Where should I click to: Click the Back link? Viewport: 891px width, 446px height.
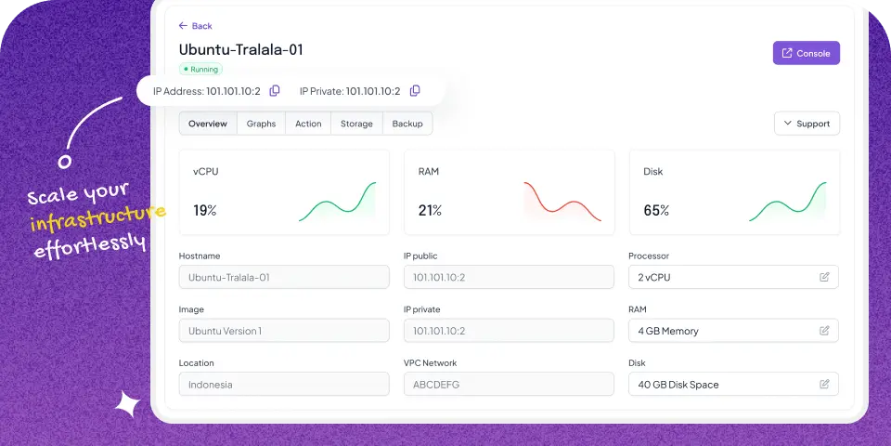pyautogui.click(x=196, y=26)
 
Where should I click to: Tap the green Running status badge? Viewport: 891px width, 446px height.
pyautogui.click(x=200, y=69)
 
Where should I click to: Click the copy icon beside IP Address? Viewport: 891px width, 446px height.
pyautogui.click(x=275, y=91)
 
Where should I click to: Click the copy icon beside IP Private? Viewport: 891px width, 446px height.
pyautogui.click(x=415, y=91)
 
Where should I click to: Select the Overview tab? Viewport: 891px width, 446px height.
pyautogui.click(x=208, y=124)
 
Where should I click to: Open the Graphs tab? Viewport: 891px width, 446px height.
pyautogui.click(x=261, y=124)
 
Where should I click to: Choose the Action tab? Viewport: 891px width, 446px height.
pyautogui.click(x=308, y=124)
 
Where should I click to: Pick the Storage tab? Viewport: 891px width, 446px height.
pyautogui.click(x=356, y=124)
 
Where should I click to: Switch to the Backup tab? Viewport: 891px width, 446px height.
pyautogui.click(x=407, y=124)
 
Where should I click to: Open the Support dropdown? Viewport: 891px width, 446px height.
pyautogui.click(x=807, y=124)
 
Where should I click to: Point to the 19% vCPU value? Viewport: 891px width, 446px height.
pyautogui.click(x=205, y=211)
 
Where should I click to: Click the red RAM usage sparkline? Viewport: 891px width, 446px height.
pyautogui.click(x=562, y=202)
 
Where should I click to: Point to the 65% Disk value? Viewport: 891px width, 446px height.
pyautogui.click(x=656, y=211)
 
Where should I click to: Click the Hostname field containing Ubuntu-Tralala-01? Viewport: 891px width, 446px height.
pyautogui.click(x=284, y=277)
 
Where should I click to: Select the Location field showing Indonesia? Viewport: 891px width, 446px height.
pyautogui.click(x=284, y=385)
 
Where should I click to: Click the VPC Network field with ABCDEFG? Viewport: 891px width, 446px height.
pyautogui.click(x=509, y=385)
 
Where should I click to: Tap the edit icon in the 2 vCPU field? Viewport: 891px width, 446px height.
pyautogui.click(x=824, y=277)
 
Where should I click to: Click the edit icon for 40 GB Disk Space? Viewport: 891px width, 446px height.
pyautogui.click(x=824, y=385)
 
